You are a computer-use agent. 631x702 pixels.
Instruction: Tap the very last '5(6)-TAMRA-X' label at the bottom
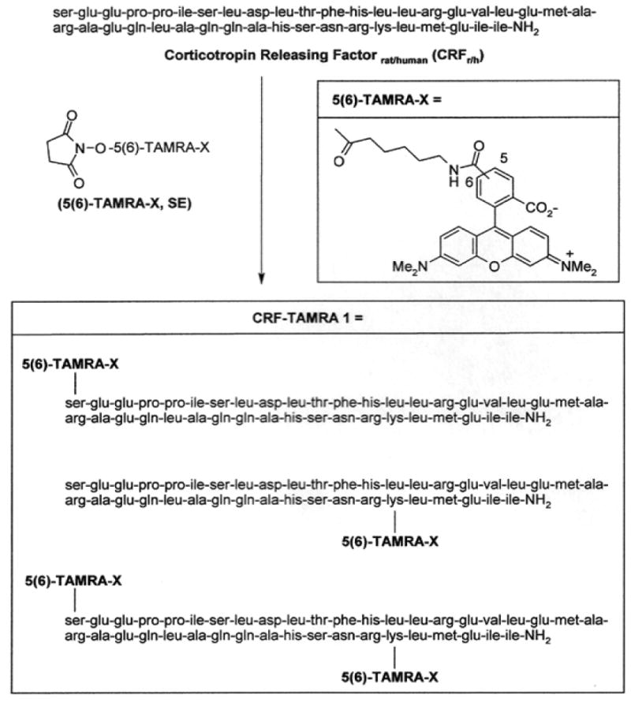pyautogui.click(x=393, y=676)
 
